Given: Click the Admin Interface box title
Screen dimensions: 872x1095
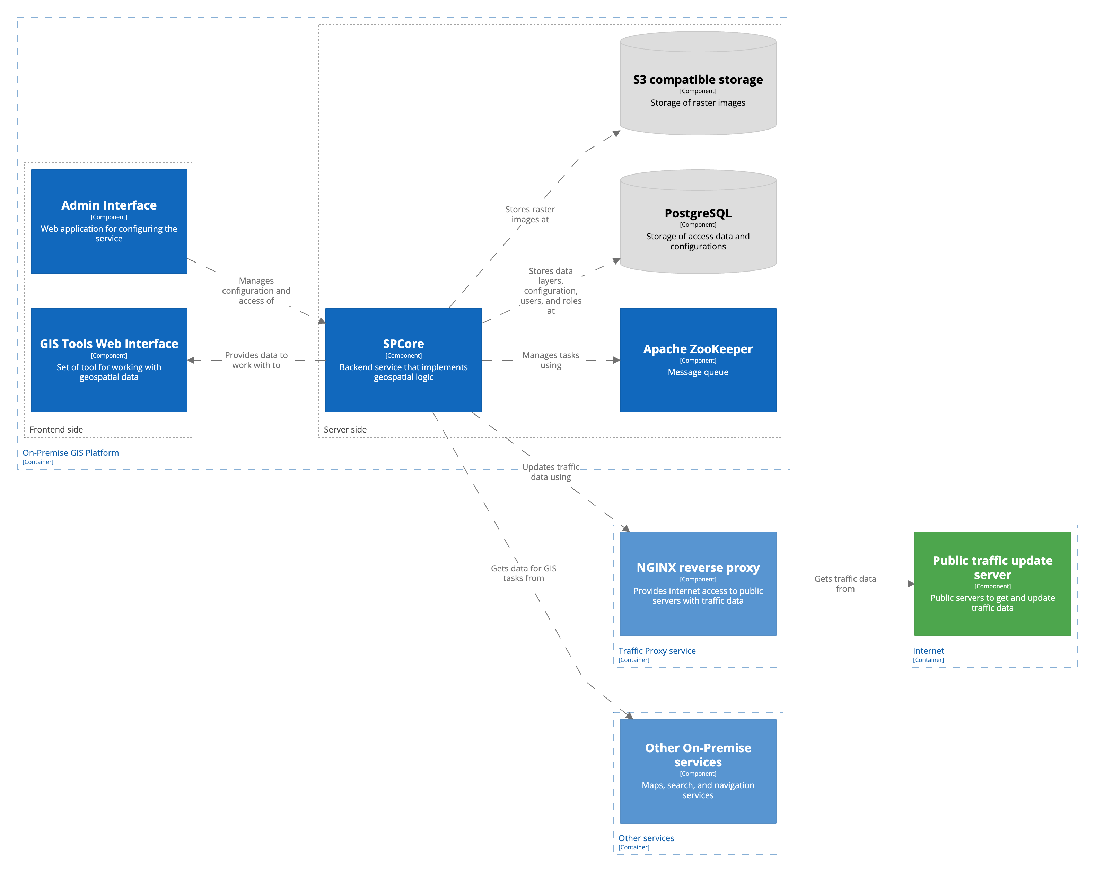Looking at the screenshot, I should point(109,205).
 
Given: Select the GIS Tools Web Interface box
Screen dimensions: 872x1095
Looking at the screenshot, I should point(109,360).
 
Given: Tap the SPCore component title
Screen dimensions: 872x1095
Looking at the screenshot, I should point(403,344).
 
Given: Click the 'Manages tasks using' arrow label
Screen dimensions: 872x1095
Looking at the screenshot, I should point(551,360).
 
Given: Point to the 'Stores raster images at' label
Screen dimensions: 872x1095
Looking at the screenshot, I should point(530,214).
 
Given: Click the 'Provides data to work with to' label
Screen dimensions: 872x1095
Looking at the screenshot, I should point(256,360).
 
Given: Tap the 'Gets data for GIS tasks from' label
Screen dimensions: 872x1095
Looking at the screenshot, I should point(523,573).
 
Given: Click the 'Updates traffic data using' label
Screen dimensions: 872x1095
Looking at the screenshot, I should point(551,472).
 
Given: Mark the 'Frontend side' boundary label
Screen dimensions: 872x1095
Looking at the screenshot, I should point(56,429).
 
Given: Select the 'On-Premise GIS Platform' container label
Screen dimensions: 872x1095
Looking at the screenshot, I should point(71,453).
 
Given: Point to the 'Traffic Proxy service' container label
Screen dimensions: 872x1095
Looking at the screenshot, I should point(656,651).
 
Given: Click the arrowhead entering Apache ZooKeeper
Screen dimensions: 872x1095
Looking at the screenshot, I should point(616,360).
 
